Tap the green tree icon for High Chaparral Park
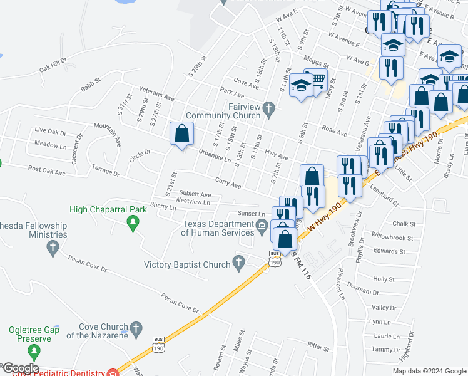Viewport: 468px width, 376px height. (x=132, y=223)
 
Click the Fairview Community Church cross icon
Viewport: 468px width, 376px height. (x=268, y=109)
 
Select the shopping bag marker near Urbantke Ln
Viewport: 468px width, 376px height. (x=181, y=133)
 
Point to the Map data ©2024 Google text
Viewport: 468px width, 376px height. (x=429, y=371)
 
